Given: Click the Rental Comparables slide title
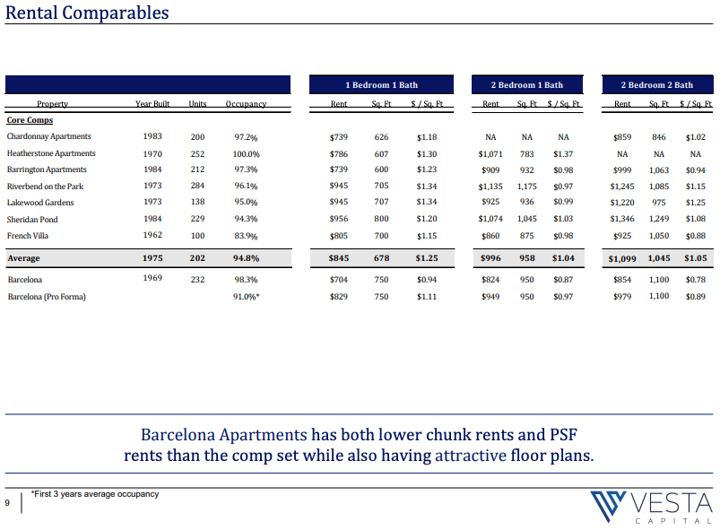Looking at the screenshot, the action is (87, 13).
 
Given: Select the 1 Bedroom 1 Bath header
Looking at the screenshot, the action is (382, 85).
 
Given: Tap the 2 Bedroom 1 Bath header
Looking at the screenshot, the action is (526, 85).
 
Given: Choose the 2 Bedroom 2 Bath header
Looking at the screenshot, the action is (657, 85).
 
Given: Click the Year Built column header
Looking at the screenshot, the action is (152, 104).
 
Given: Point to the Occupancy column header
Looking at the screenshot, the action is (246, 104).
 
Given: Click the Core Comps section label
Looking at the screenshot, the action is (30, 120).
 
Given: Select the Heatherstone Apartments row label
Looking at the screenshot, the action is (51, 153).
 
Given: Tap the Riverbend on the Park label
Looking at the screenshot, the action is (45, 187).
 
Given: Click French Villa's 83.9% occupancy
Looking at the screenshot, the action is (246, 236).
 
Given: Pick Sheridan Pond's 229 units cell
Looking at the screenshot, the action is (197, 219).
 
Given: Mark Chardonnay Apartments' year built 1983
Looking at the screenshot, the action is (152, 136).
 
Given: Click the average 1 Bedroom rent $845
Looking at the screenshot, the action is (339, 258).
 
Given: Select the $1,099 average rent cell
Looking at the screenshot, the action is (622, 258).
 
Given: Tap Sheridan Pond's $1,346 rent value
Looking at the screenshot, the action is (622, 219).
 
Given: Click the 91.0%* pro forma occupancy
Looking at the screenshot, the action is (246, 297).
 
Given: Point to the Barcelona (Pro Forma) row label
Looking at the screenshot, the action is (47, 297).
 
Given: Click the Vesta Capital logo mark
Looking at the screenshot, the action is (608, 506).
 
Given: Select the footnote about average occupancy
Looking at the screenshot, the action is (95, 494).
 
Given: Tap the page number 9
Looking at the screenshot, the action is (7, 503).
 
